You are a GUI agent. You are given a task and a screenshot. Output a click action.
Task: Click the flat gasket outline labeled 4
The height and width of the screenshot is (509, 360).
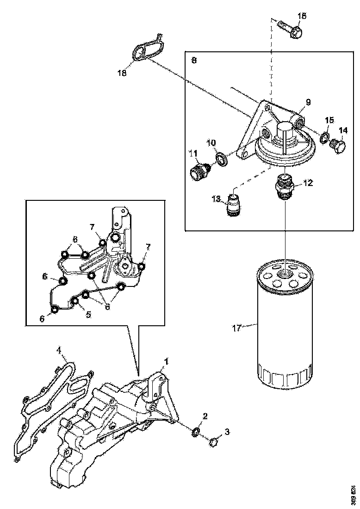[x=44, y=407]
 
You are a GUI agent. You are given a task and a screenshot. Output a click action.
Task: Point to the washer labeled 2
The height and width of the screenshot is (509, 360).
[x=195, y=432]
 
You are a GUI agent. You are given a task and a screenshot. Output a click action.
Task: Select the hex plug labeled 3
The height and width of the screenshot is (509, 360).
[x=213, y=443]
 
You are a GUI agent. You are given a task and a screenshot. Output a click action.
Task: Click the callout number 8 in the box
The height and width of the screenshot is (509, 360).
[x=193, y=61]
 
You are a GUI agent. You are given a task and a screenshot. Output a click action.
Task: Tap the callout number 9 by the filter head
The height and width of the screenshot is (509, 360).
[x=308, y=102]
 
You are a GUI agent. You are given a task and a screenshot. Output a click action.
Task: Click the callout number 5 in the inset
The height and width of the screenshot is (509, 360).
[x=88, y=314]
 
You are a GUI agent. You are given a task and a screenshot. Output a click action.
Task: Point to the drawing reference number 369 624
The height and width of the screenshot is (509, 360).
[x=354, y=494]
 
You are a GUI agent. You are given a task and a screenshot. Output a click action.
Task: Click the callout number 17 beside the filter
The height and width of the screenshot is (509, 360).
[x=237, y=329]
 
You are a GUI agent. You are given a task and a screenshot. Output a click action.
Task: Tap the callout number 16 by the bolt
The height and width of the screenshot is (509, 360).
[x=302, y=17]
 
